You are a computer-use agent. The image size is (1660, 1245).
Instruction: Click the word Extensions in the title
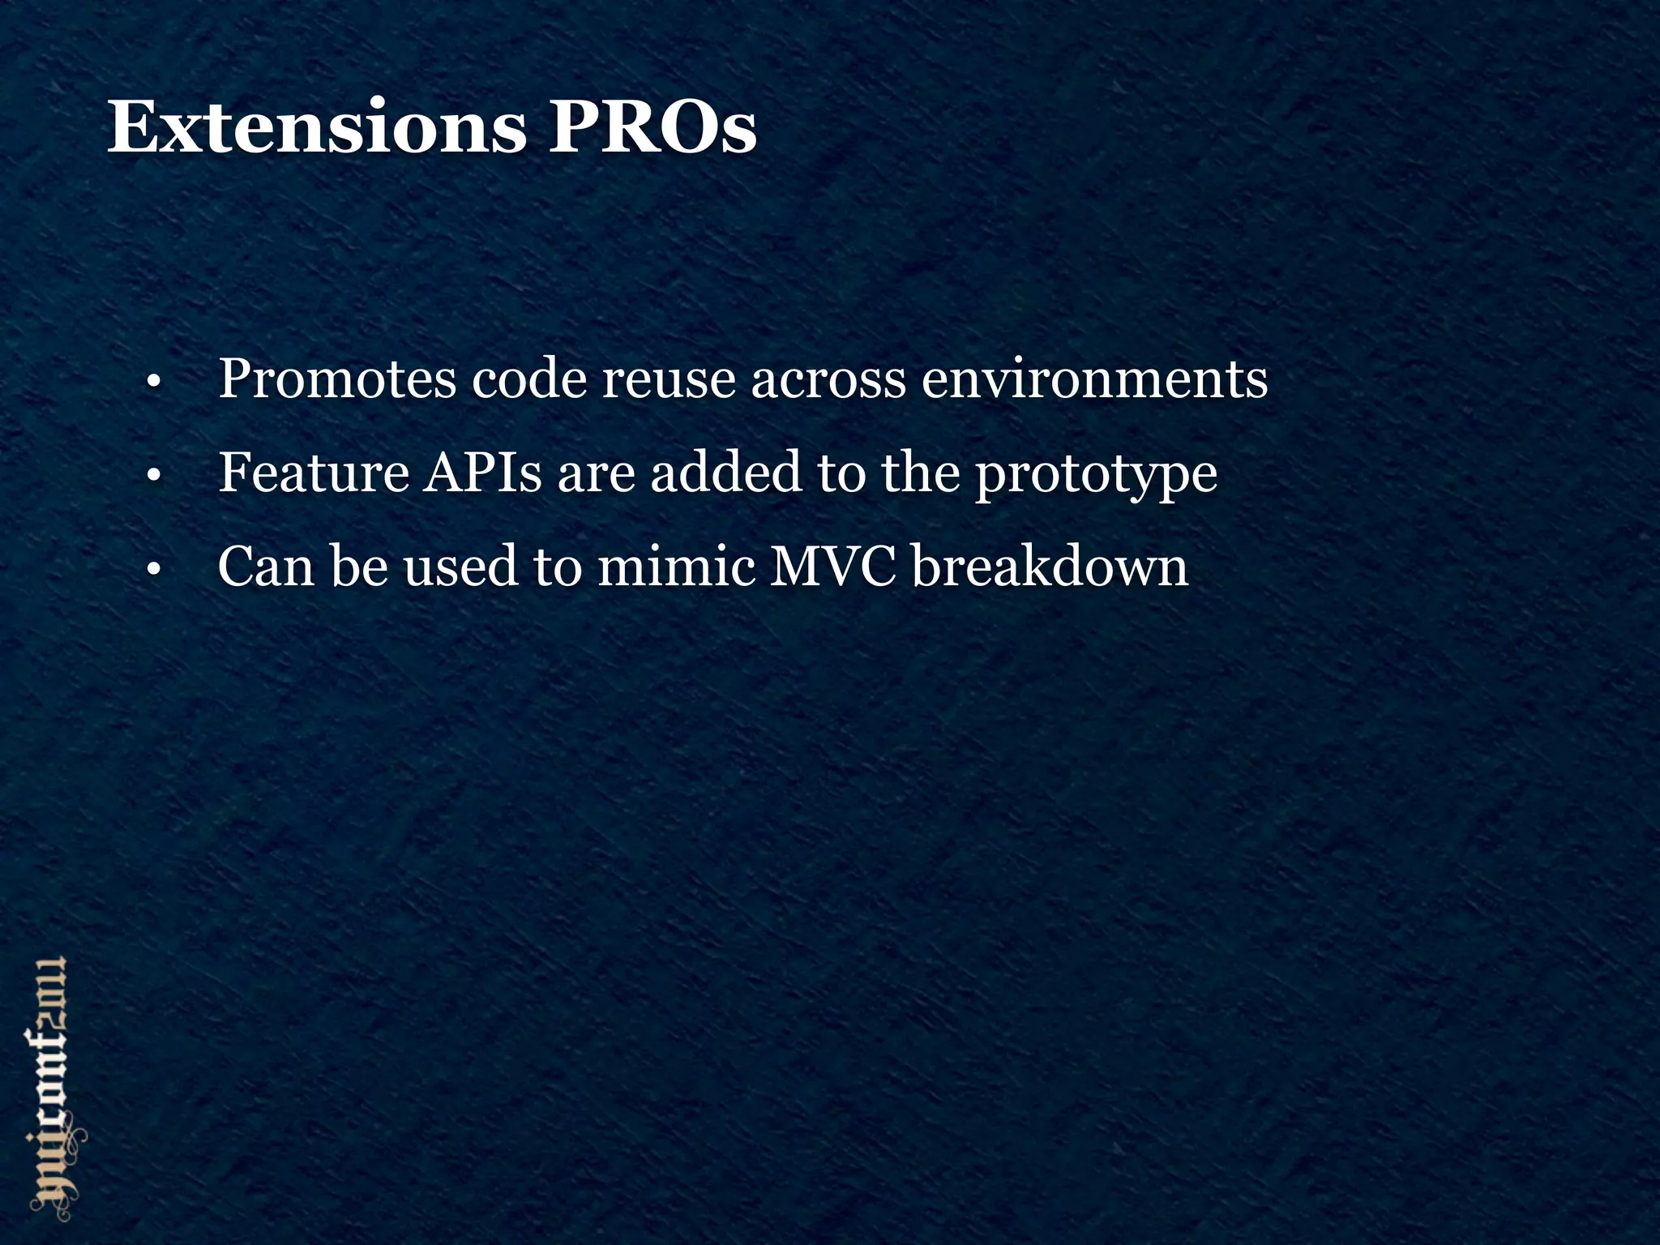coord(316,128)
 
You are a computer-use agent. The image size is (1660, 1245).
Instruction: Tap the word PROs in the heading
coord(652,128)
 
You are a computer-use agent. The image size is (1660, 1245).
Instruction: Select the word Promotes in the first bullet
coord(337,379)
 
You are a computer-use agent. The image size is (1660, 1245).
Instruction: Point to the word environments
coord(1094,379)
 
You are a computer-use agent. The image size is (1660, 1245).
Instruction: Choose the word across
coord(828,379)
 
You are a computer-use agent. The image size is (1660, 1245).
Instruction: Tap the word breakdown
coord(1050,567)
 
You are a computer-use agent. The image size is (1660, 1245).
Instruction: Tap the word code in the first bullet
coord(528,379)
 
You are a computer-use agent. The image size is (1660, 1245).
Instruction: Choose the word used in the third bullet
coord(460,567)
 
